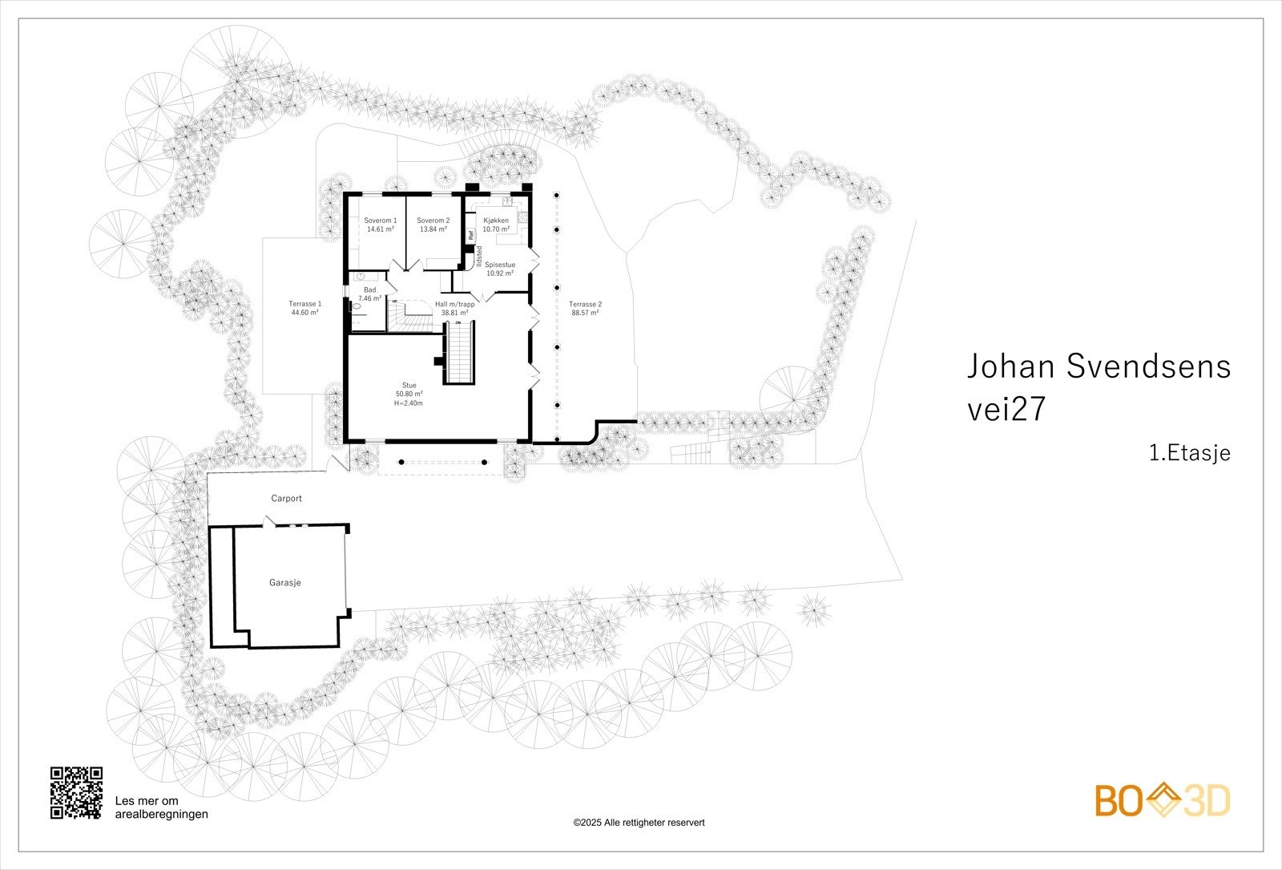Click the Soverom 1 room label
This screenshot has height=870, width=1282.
(x=380, y=221)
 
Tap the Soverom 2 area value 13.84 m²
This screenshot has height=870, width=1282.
(x=433, y=229)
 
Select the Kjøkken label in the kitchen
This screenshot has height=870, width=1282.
(x=496, y=221)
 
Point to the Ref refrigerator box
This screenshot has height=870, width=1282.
(x=471, y=235)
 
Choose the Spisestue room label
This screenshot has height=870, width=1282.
(x=500, y=264)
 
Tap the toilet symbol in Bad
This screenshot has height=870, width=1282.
(x=357, y=306)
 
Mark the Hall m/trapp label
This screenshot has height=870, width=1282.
(x=454, y=304)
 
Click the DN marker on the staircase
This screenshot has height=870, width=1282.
(x=459, y=322)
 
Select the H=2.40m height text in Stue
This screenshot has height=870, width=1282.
(x=408, y=403)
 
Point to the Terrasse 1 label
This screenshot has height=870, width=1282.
(x=304, y=304)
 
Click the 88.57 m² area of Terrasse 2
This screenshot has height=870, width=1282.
(x=585, y=314)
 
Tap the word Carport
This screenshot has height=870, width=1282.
(x=286, y=499)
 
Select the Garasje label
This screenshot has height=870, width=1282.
(x=284, y=583)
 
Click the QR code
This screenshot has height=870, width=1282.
(x=77, y=793)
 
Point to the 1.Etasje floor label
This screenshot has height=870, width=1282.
(x=1189, y=453)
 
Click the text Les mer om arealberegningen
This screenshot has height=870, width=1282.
(x=162, y=807)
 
